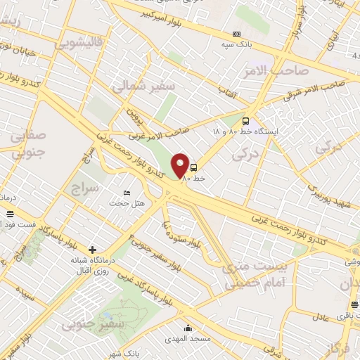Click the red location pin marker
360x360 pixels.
[x=181, y=166]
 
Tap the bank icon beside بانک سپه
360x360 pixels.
[x=236, y=33]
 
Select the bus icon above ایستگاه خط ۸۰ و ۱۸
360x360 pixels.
[x=245, y=120]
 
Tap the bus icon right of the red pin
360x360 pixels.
[x=193, y=167]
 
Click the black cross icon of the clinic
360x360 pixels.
[x=92, y=250]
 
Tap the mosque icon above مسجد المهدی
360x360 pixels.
[x=188, y=328]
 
